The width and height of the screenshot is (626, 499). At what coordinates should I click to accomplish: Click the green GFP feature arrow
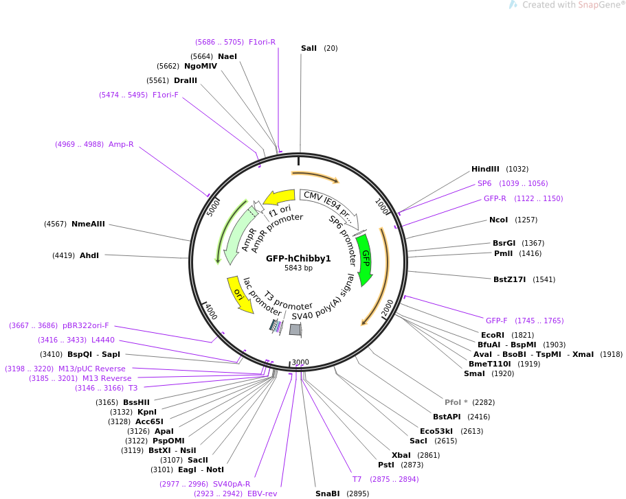365,259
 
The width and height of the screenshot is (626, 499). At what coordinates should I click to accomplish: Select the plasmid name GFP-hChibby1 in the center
298,259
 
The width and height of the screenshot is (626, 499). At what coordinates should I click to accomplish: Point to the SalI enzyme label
309,48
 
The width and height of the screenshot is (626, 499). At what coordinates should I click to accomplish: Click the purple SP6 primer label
484,183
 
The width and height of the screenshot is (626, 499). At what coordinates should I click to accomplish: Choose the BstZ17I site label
509,279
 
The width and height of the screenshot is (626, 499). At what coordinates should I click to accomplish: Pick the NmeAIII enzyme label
88,224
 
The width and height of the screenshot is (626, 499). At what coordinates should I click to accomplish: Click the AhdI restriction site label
89,255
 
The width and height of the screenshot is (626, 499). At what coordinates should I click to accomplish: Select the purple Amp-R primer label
121,144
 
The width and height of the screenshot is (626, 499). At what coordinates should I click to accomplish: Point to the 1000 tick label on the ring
382,206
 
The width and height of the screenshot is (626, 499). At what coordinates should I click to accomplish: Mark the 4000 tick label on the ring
211,311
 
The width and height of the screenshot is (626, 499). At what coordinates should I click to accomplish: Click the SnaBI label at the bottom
327,494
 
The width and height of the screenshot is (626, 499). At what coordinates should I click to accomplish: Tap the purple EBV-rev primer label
262,494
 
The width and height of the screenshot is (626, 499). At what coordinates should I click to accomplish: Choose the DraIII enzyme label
185,80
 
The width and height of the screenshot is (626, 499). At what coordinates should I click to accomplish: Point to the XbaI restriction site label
401,455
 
